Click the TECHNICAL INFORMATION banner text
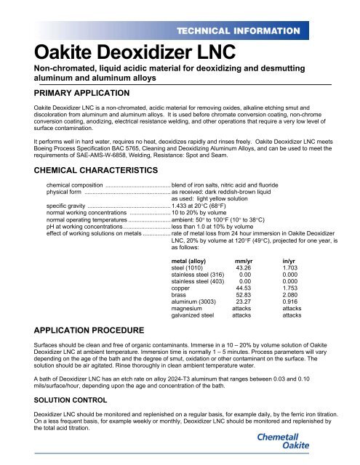(x=265, y=31)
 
